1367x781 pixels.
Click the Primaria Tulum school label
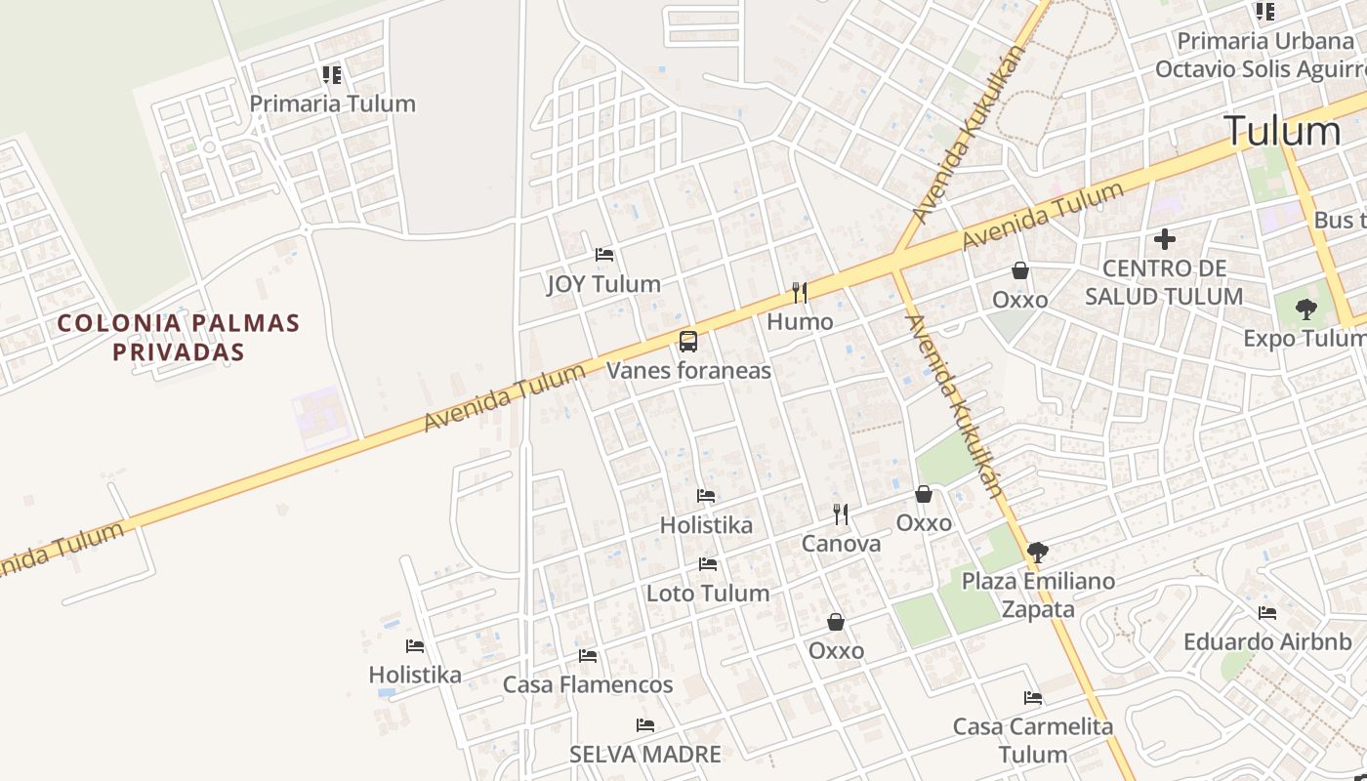click(x=332, y=103)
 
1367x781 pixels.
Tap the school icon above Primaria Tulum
click(x=332, y=75)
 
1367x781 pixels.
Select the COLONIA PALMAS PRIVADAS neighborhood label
click(x=178, y=337)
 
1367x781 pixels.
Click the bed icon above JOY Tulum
click(x=604, y=256)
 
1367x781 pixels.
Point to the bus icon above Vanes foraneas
click(x=688, y=342)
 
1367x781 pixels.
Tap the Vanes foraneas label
click(x=688, y=371)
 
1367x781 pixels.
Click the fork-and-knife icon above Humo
click(x=800, y=292)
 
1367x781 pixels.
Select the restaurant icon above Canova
click(x=841, y=514)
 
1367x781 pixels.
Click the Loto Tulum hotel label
click(x=708, y=594)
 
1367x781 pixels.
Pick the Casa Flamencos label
click(x=588, y=685)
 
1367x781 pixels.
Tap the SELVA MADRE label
click(x=645, y=755)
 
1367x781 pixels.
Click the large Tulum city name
click(x=1282, y=131)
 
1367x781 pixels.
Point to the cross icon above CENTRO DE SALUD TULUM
click(x=1164, y=238)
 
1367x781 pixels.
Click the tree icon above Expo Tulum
click(x=1305, y=309)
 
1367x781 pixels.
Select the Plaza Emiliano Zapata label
click(x=1038, y=596)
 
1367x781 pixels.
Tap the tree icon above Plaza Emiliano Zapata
click(x=1037, y=553)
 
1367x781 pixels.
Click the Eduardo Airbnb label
click(x=1267, y=642)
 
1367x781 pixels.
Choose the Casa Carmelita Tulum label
click(x=1033, y=740)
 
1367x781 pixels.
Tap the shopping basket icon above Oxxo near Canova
click(x=923, y=495)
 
